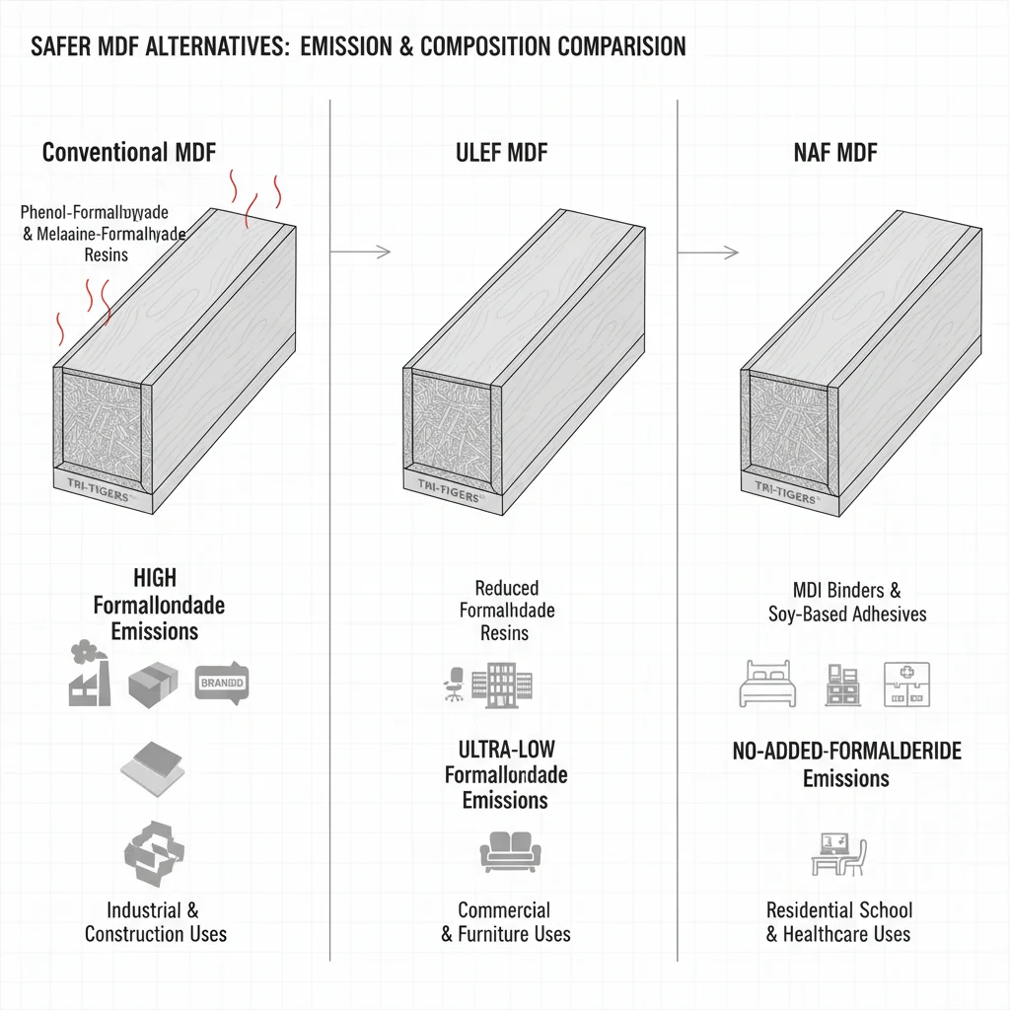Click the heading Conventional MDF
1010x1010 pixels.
[129, 153]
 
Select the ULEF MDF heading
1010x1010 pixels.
[502, 153]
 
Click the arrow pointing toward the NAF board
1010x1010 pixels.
[708, 253]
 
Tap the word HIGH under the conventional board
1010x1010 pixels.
[155, 577]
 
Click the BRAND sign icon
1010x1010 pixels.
[222, 681]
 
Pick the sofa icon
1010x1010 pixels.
[504, 850]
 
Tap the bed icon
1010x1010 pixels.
[765, 685]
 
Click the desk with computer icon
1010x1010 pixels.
[837, 853]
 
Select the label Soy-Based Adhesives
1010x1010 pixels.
[847, 614]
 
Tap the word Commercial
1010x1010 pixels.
[504, 909]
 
